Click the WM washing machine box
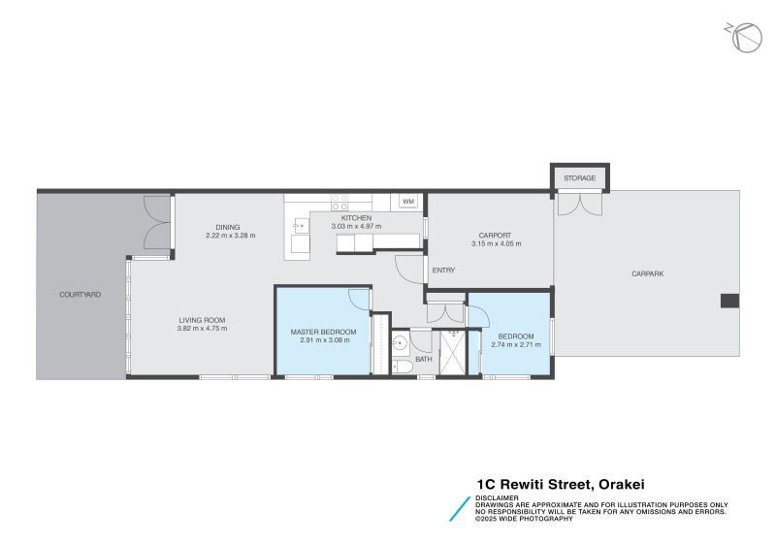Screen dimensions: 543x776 click(x=408, y=202)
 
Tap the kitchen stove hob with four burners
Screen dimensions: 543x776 click(x=339, y=203)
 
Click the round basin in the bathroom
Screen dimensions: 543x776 click(x=399, y=342)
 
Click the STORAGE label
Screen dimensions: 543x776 click(x=580, y=178)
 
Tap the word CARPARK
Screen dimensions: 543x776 click(x=647, y=273)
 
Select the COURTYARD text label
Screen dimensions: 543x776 click(x=80, y=294)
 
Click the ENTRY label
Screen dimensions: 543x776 click(x=443, y=271)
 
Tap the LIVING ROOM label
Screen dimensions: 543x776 click(x=202, y=320)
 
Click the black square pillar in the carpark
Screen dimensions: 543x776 click(x=729, y=301)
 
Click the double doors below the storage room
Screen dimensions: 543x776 click(x=580, y=204)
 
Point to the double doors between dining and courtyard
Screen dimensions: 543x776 click(x=157, y=224)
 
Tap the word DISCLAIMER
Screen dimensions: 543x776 click(x=497, y=496)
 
